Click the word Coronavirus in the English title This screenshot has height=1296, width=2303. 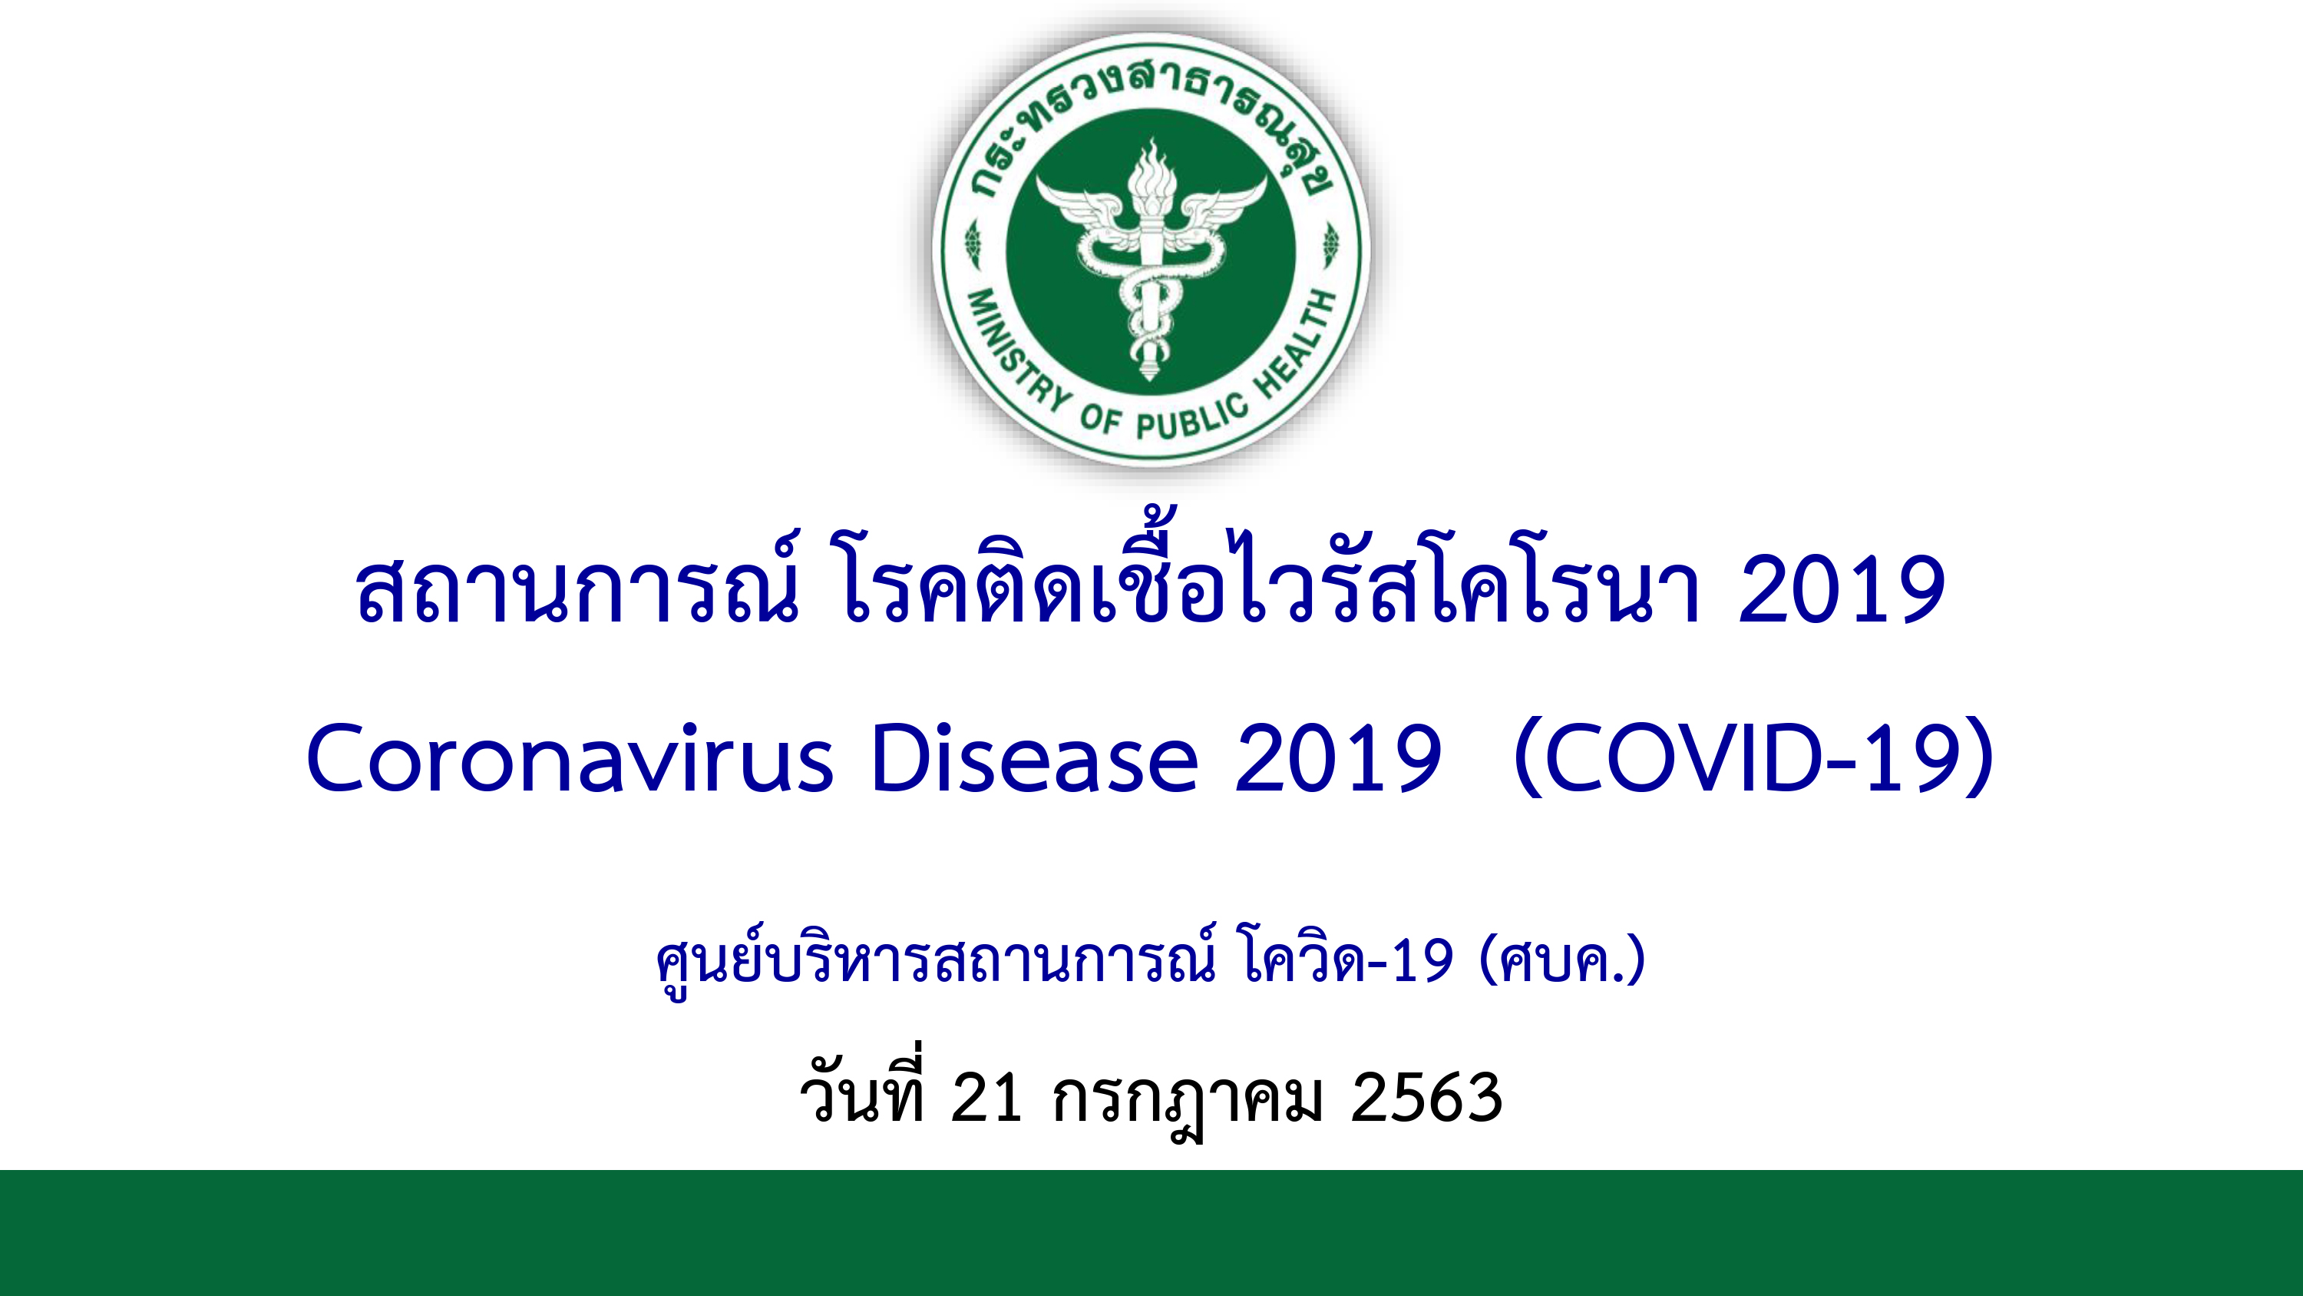click(570, 757)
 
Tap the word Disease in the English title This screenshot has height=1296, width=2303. click(1034, 757)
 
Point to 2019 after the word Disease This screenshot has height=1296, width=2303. click(1338, 757)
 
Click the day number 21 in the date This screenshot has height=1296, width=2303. click(987, 1098)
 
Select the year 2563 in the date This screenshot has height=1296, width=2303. click(1427, 1098)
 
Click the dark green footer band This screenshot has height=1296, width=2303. click(1151, 1232)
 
